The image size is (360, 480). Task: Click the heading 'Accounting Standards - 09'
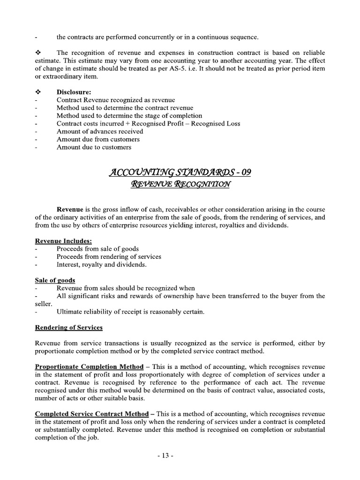[180, 172]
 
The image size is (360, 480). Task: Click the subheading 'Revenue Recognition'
[180, 185]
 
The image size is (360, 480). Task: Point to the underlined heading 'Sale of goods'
[55, 280]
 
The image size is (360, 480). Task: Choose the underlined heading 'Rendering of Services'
[68, 327]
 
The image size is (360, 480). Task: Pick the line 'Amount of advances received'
[100, 132]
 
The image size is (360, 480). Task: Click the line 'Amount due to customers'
[94, 147]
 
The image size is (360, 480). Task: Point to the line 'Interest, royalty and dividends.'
[102, 264]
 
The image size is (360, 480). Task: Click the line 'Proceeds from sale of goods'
[97, 249]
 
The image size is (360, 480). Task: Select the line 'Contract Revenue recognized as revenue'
[116, 100]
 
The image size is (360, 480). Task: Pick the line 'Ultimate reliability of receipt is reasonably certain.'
[131, 312]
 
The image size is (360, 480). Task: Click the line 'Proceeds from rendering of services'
[109, 257]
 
